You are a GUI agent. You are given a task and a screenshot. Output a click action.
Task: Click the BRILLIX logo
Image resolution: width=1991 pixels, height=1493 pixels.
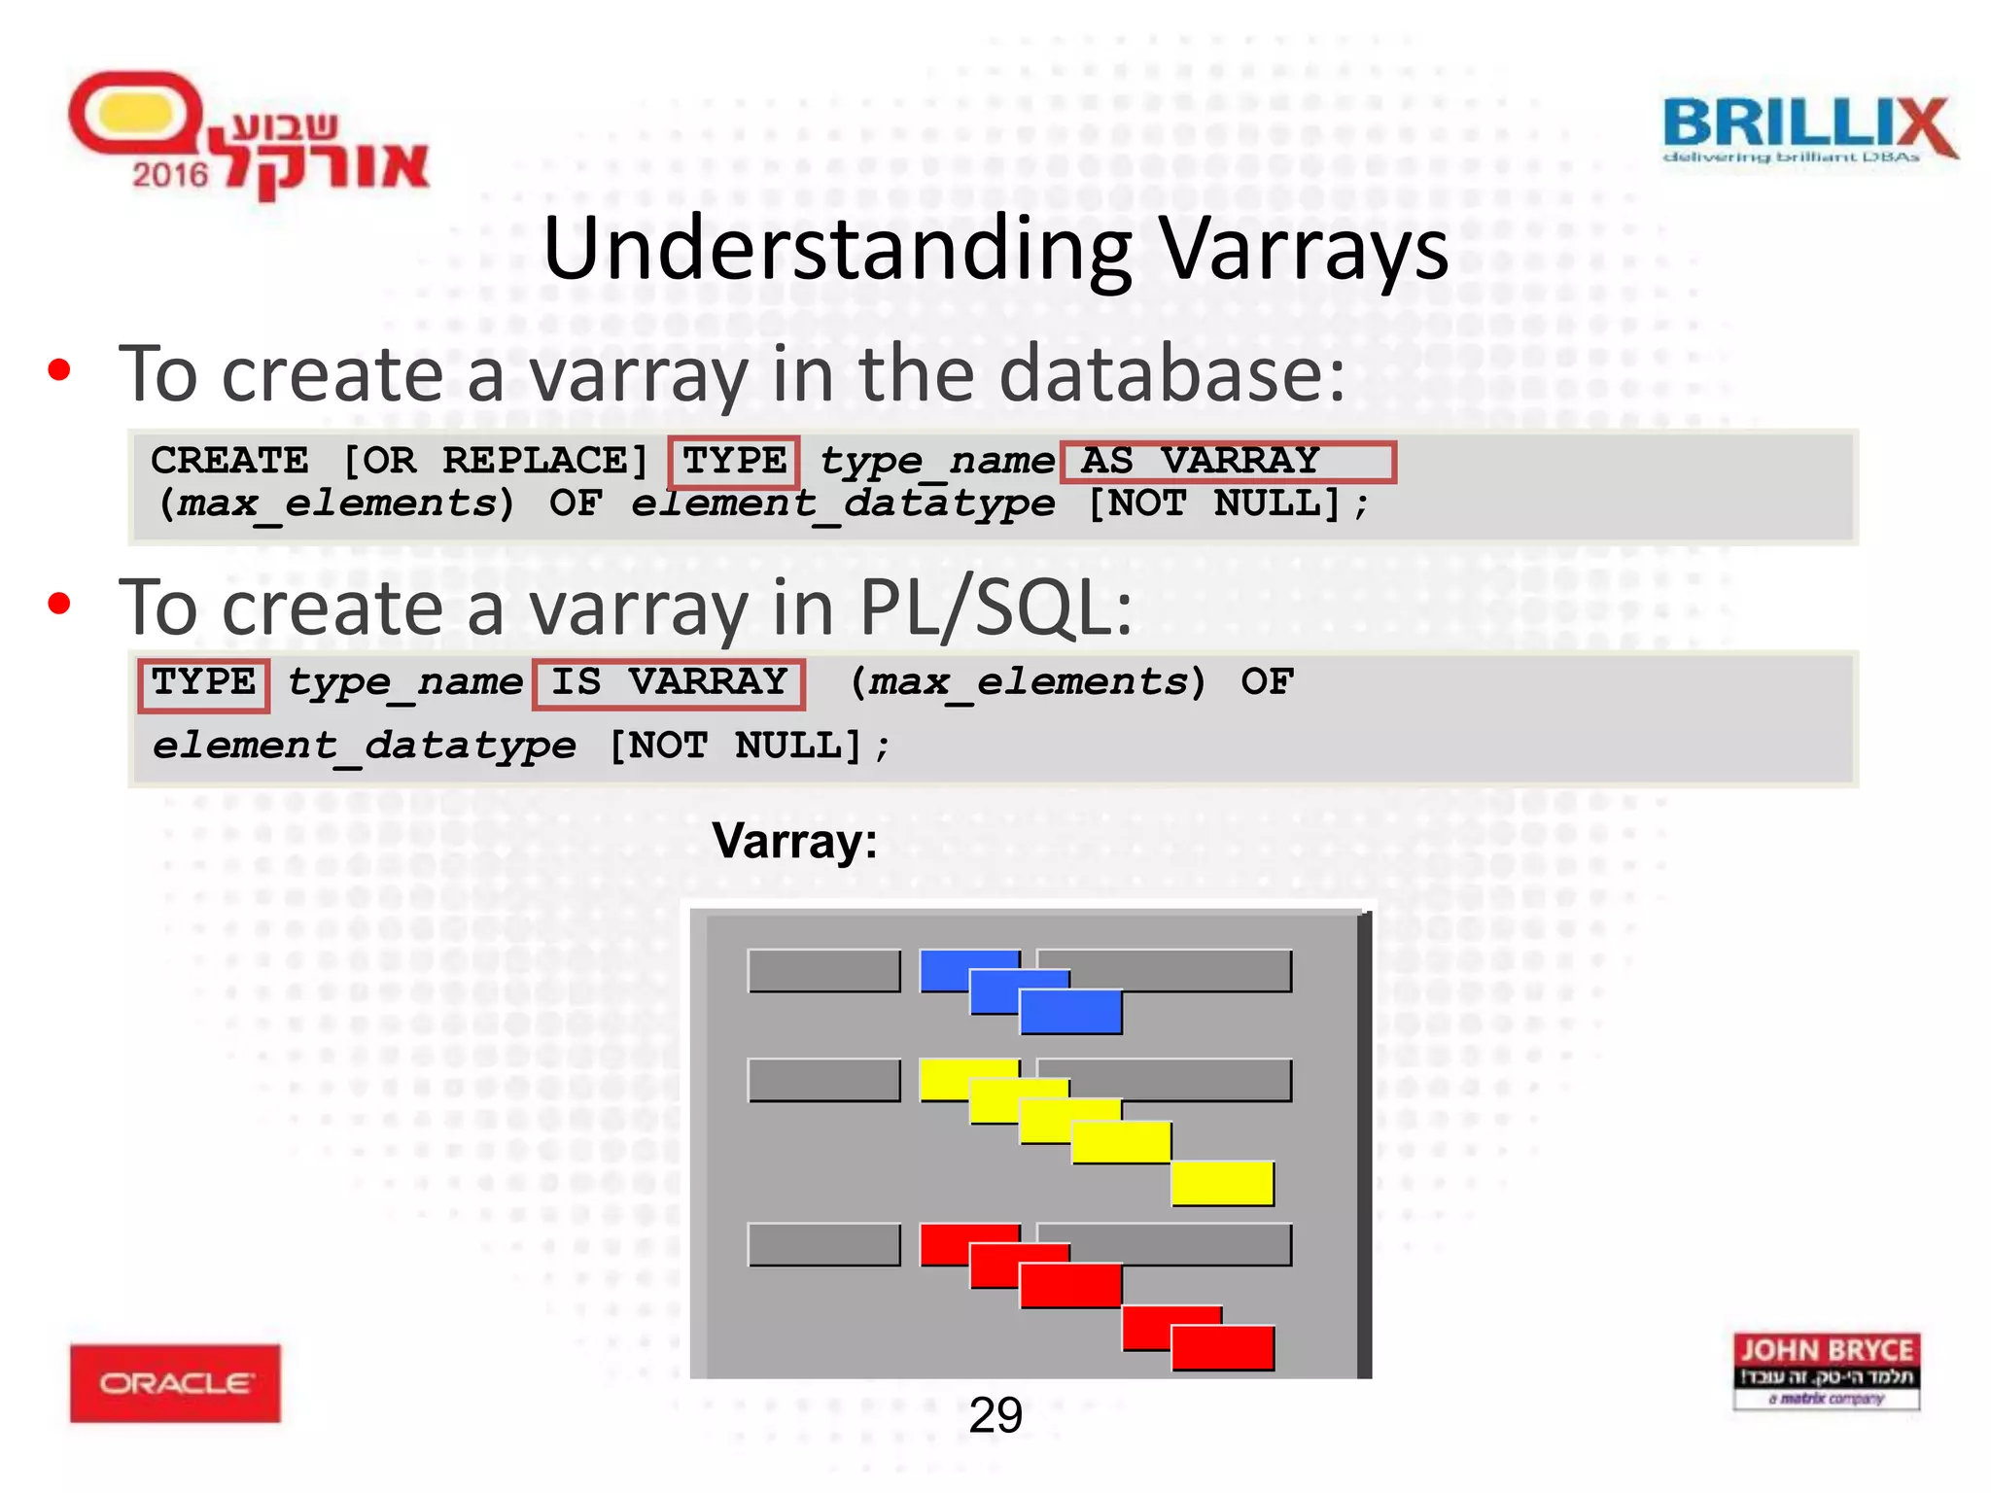(1808, 128)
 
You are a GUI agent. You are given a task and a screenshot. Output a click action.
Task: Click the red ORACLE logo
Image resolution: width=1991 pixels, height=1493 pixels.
(175, 1382)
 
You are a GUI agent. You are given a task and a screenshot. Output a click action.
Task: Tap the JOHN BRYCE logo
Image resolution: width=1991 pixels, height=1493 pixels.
(1826, 1371)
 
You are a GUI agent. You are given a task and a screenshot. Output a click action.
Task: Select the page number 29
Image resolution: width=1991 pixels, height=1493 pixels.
(995, 1415)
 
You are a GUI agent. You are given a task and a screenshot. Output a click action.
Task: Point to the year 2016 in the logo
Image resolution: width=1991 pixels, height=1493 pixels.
(170, 175)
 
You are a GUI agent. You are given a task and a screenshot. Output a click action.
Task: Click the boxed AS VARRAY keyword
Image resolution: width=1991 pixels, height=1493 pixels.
(1227, 461)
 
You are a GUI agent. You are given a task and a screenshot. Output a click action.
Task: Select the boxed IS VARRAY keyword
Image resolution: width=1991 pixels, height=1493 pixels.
(669, 682)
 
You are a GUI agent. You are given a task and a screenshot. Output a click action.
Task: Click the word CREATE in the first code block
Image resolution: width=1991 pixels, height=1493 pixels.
(229, 461)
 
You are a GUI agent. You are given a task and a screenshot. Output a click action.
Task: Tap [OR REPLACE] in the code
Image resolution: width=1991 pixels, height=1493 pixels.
(496, 461)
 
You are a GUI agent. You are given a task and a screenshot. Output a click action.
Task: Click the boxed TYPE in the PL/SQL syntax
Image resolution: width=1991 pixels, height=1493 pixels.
(203, 683)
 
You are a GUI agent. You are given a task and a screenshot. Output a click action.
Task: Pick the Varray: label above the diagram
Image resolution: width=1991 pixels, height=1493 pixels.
(794, 841)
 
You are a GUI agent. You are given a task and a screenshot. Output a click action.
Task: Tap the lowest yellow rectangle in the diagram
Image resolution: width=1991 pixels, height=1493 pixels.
(1222, 1183)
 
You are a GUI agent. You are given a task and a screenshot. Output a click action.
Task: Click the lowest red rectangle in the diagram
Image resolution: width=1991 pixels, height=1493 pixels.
(1222, 1348)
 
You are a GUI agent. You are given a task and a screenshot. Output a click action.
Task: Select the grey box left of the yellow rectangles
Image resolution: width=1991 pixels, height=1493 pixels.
(823, 1080)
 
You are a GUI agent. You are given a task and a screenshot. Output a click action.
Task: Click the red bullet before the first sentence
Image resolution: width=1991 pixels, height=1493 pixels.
(59, 370)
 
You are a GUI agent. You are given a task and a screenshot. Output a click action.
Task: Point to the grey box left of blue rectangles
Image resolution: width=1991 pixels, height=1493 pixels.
(823, 971)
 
